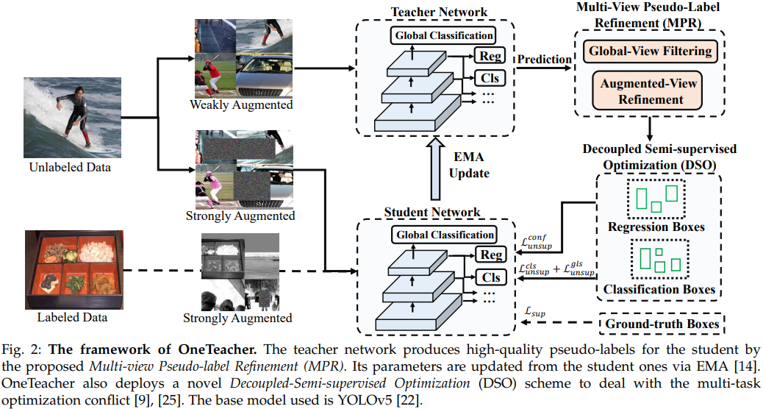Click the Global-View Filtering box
pyautogui.click(x=648, y=51)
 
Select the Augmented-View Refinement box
pyautogui.click(x=648, y=91)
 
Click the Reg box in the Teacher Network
pyautogui.click(x=490, y=56)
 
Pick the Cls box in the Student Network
pyautogui.click(x=490, y=277)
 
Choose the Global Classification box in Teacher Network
pyautogui.click(x=444, y=35)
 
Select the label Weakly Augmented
pyautogui.click(x=240, y=105)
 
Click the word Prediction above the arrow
pyautogui.click(x=545, y=59)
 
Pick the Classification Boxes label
pyautogui.click(x=659, y=289)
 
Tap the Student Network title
pyautogui.click(x=432, y=213)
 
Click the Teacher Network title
pyautogui.click(x=429, y=11)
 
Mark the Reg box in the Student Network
pyautogui.click(x=490, y=255)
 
